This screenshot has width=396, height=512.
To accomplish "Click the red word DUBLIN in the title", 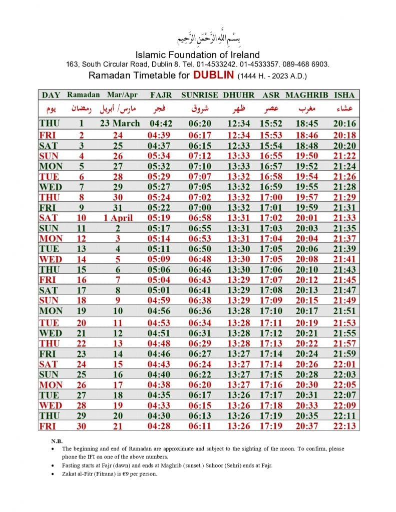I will click(214, 75).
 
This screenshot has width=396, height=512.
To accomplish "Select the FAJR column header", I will click(161, 95).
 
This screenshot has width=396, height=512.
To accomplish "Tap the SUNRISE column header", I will click(199, 95).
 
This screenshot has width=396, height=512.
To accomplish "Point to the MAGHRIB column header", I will click(306, 95).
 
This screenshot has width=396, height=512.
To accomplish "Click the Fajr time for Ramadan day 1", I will click(161, 123).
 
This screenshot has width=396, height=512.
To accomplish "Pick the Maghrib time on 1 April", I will click(307, 217).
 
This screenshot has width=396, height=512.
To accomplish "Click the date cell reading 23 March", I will click(120, 123).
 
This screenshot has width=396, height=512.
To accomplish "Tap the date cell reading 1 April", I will click(118, 217).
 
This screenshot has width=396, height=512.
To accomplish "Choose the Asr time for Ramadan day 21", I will click(271, 333).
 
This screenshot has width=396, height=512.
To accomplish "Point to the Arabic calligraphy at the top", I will click(198, 38).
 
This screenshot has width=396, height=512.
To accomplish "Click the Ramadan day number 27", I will click(81, 394).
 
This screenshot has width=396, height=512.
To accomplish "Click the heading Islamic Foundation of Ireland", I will click(198, 54).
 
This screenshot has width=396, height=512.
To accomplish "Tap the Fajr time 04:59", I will click(161, 300).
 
